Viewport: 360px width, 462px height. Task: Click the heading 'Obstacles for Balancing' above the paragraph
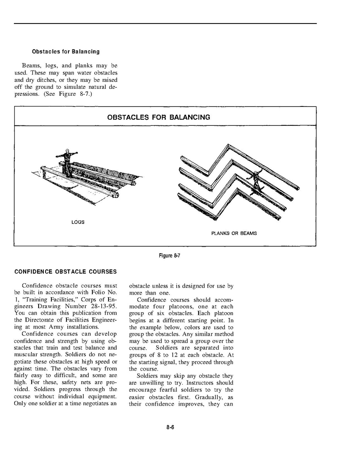coord(66,51)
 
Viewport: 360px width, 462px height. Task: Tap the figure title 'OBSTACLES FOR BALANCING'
coord(159,117)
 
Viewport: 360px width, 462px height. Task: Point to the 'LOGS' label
coord(78,222)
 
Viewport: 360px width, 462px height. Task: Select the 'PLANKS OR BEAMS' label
coord(234,233)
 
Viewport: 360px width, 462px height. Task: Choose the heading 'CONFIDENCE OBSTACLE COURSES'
coord(65,272)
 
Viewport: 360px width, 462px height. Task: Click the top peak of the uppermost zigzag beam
coord(228,145)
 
